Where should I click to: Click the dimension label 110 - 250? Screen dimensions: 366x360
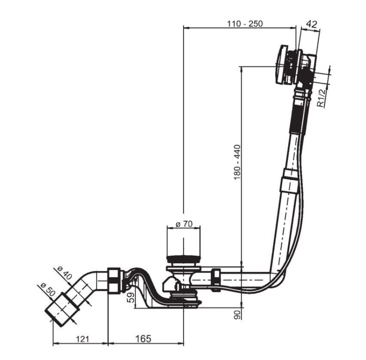[245, 24]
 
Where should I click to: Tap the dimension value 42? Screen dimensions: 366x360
[312, 24]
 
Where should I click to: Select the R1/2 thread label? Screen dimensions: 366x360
[322, 98]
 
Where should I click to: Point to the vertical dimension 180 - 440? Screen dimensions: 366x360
[237, 162]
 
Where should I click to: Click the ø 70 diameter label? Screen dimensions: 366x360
[184, 224]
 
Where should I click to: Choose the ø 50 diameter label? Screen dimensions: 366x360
[48, 289]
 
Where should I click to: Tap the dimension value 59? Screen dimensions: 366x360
[132, 298]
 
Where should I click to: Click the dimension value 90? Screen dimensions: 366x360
[237, 315]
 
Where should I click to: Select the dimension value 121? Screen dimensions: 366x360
[83, 339]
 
